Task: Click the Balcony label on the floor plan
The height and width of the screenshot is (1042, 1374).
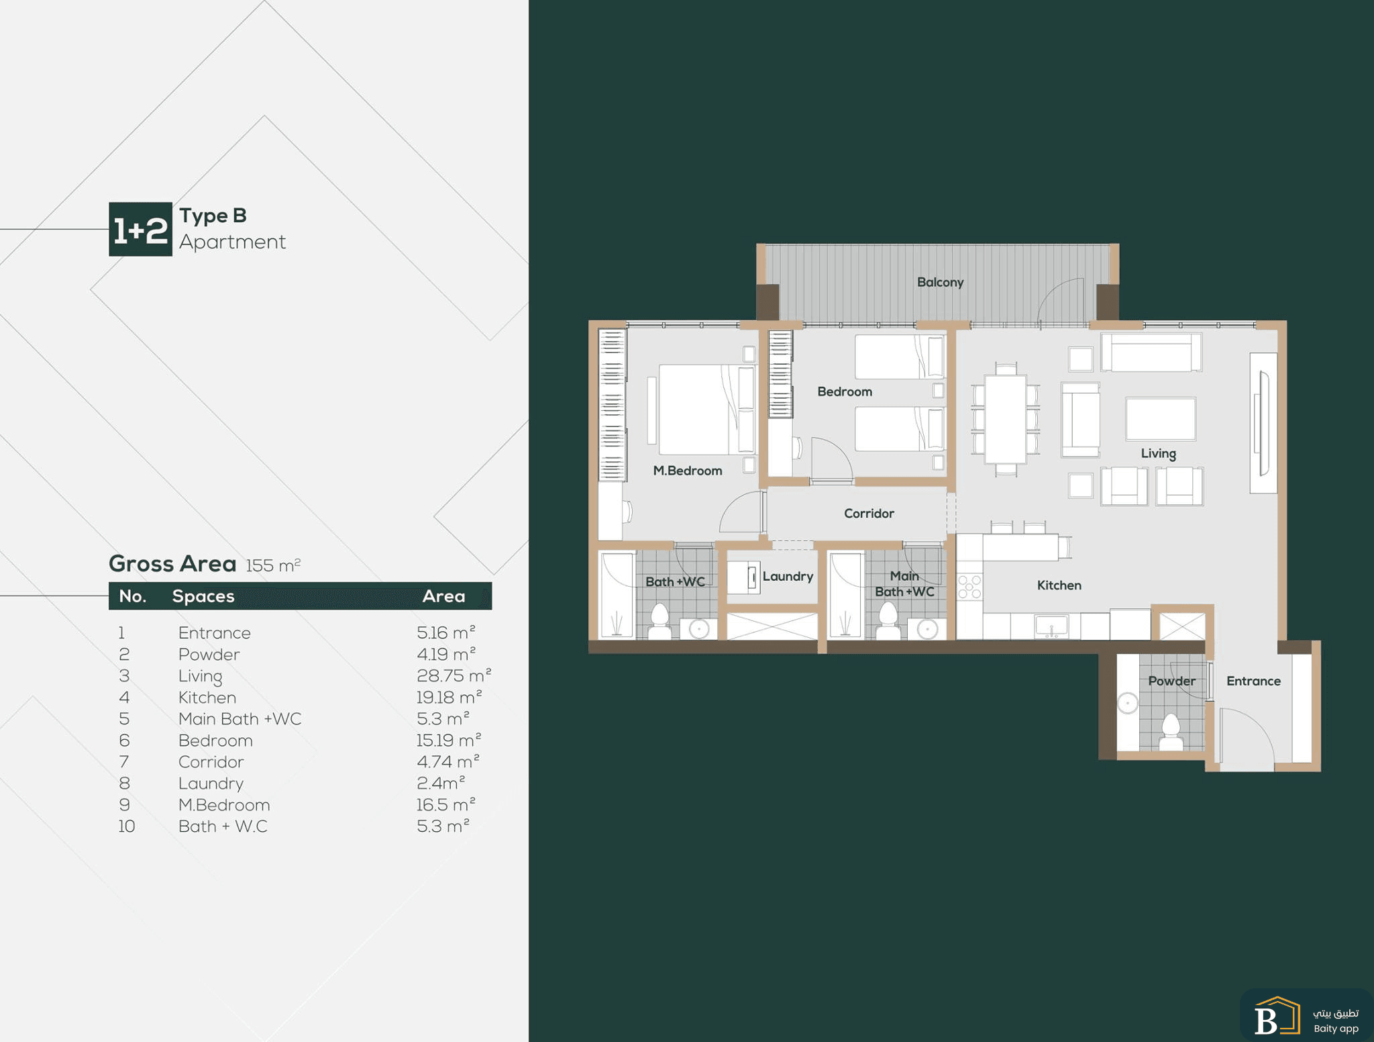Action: (x=940, y=283)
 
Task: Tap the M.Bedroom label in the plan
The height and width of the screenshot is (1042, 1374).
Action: (x=688, y=471)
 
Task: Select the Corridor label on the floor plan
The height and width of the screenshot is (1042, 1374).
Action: (x=869, y=514)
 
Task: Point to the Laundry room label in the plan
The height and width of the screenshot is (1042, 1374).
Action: (x=788, y=577)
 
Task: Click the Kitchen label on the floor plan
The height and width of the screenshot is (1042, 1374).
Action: (x=1059, y=585)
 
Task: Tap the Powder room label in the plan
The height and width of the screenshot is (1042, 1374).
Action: (x=1171, y=681)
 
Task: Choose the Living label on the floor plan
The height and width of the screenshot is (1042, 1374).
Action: (x=1158, y=454)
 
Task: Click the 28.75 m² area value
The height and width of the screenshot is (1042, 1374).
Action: (x=454, y=675)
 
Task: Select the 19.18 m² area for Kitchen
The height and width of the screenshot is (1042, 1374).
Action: (x=449, y=697)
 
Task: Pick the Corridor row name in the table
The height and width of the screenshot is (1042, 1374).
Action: (x=211, y=762)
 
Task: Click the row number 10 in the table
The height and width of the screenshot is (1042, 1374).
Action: (x=127, y=826)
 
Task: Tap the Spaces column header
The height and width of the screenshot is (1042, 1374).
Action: (x=203, y=596)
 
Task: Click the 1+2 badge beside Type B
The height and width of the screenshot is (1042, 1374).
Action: (x=140, y=229)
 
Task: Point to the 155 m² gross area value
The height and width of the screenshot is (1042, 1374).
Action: (x=273, y=565)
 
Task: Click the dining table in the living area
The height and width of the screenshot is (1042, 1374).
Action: (x=1005, y=420)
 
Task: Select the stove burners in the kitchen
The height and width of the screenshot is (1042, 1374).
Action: (x=969, y=587)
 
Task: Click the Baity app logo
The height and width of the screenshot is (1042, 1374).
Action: (x=1306, y=1015)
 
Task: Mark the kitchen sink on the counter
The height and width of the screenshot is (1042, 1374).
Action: (x=1051, y=626)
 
